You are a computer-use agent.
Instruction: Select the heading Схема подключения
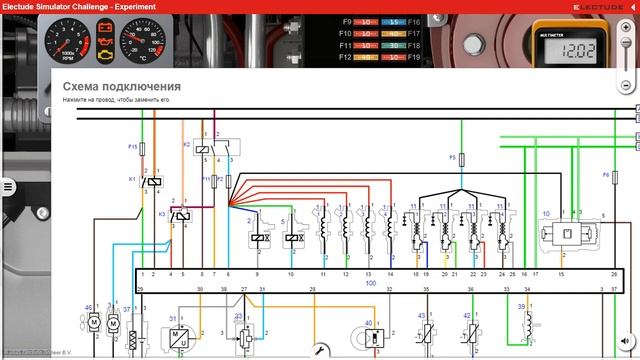(x=121, y=87)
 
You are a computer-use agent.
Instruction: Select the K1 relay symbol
(x=152, y=181)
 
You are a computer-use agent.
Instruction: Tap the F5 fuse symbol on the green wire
(x=462, y=158)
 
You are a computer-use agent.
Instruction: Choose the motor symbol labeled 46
(x=92, y=322)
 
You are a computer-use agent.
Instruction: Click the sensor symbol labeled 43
(x=424, y=330)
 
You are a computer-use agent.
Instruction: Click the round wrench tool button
(x=319, y=351)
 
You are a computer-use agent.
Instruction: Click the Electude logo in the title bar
(x=598, y=7)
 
